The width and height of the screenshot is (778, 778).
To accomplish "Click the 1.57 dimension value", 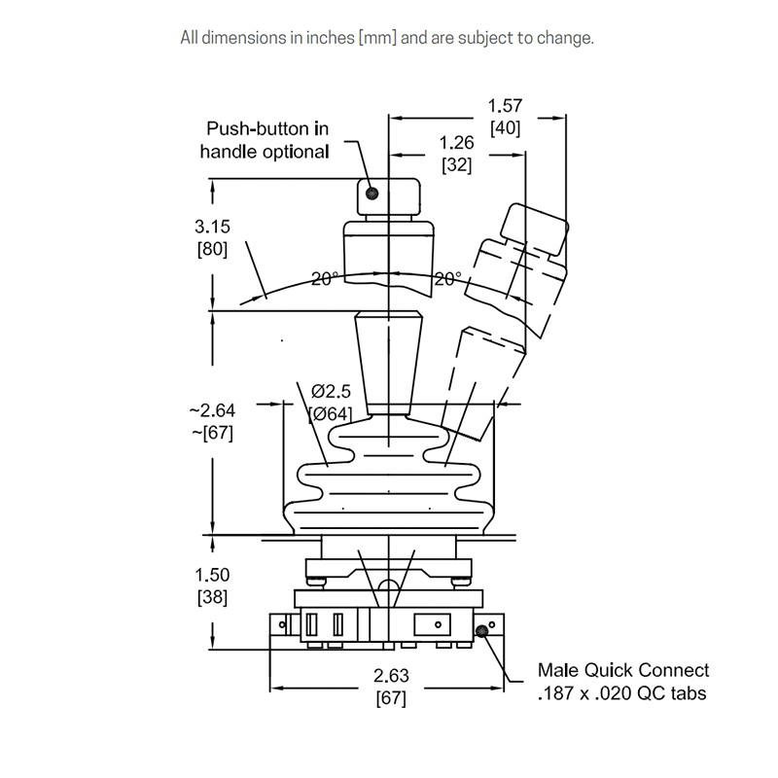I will [505, 105].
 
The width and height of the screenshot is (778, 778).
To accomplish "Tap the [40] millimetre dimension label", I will [505, 127].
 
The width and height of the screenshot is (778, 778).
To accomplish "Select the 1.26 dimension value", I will [456, 143].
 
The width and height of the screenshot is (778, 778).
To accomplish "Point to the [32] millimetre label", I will [456, 164].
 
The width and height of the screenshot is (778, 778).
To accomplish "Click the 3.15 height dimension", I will [212, 227].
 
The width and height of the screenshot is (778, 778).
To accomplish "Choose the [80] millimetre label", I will [212, 249].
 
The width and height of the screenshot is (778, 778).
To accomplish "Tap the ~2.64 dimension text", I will [211, 410].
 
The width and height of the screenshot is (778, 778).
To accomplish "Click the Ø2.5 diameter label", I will [331, 392].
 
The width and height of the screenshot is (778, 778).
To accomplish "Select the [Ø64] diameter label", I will [331, 414].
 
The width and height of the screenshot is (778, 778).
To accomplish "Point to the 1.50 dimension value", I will [212, 575].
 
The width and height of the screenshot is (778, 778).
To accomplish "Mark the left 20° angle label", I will [324, 279].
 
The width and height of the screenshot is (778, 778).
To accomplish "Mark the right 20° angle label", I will [447, 279].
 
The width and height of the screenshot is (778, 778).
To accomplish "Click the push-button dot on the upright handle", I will [371, 194].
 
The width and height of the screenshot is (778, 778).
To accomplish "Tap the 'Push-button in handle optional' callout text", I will [265, 140].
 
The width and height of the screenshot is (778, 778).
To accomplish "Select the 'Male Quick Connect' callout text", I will [623, 670].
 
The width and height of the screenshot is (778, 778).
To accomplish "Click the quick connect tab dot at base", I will [481, 633].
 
